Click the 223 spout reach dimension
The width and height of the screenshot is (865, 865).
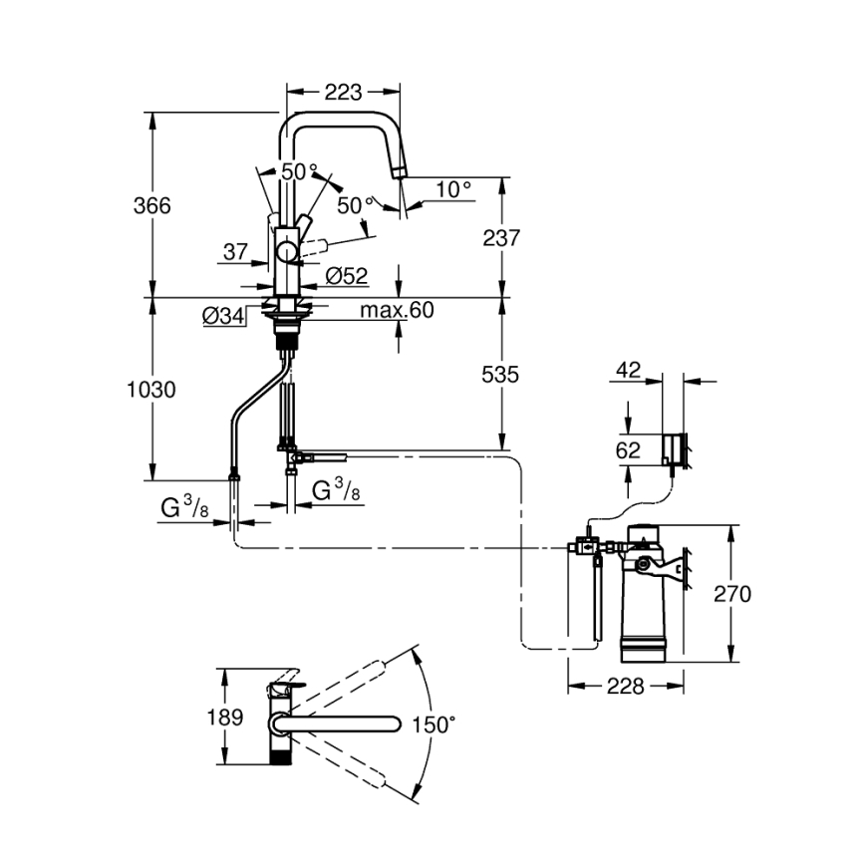coord(343,93)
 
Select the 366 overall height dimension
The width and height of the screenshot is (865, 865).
coord(152,205)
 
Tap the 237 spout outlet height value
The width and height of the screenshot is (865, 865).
coord(501,238)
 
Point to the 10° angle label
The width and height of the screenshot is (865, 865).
coord(452,188)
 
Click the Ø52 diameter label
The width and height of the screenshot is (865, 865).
coord(347,275)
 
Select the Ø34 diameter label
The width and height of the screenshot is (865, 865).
coord(223,316)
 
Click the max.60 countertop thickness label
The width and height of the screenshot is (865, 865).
coord(397,311)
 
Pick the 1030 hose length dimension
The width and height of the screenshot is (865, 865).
coord(152,390)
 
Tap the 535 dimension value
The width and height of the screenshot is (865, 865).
coord(501,375)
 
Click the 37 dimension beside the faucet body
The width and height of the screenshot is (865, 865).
coord(234,252)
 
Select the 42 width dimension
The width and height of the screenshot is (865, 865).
coord(628,370)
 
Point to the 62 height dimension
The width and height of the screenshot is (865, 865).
coord(628,449)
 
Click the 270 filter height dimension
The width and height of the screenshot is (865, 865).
coord(732,594)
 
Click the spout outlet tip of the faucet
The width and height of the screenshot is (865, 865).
coord(401,171)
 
